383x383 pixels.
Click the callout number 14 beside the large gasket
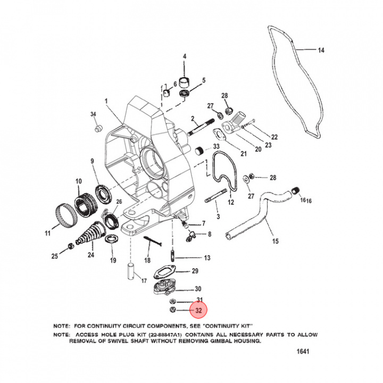click(321, 51)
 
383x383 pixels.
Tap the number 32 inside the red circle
click(198, 310)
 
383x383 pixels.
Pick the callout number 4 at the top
click(185, 56)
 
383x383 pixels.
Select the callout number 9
click(92, 161)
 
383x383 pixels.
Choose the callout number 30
click(198, 289)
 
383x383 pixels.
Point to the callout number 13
click(207, 257)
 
